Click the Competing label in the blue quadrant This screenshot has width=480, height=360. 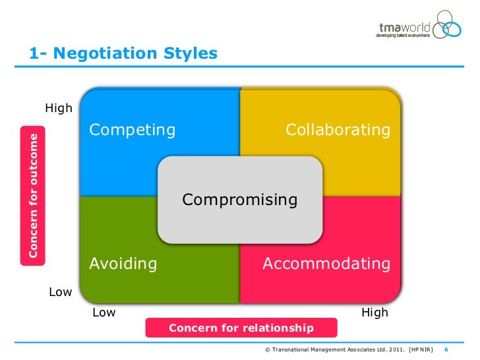coord(133,130)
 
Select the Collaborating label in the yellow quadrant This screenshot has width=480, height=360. coord(338,130)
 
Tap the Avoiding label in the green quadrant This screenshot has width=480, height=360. coord(123,264)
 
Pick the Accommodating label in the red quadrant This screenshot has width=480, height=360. coord(326,264)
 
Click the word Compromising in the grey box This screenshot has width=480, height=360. coord(240,199)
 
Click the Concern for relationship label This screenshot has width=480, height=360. coord(241,328)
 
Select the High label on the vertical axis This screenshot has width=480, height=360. coord(59,108)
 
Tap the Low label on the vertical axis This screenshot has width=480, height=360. coord(61,292)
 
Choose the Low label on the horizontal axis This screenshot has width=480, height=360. coord(104,313)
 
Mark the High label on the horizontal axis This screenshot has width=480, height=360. coord(375,313)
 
